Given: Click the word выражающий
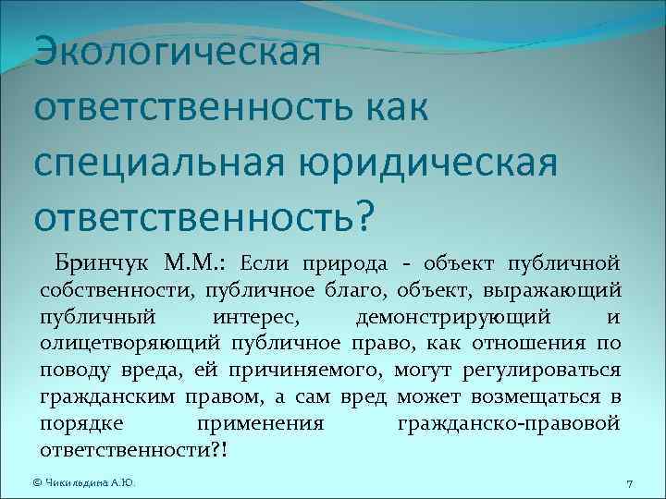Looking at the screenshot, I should click(x=559, y=290).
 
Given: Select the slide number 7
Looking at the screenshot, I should click(x=628, y=483).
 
